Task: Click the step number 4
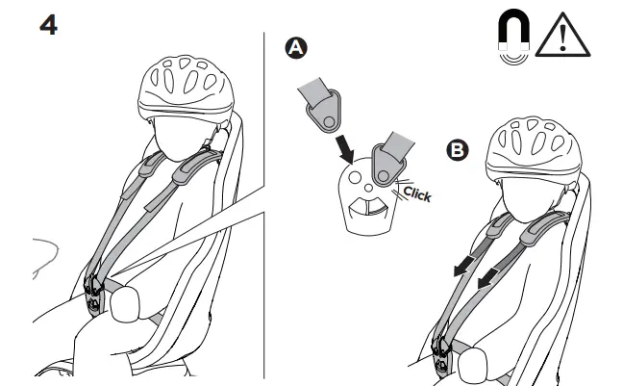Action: [48, 25]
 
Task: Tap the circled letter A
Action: [296, 48]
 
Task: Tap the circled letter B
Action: [458, 150]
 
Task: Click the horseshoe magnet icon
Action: [513, 37]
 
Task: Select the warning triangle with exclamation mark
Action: [562, 36]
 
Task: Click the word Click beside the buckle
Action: [417, 193]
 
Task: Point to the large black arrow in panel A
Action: [344, 149]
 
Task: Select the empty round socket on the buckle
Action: [355, 177]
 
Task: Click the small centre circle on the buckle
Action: [369, 188]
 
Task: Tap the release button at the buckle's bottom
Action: [369, 207]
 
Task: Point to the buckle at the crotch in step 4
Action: [94, 296]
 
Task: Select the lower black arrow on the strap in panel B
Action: [488, 278]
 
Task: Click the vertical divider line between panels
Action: [263, 205]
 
